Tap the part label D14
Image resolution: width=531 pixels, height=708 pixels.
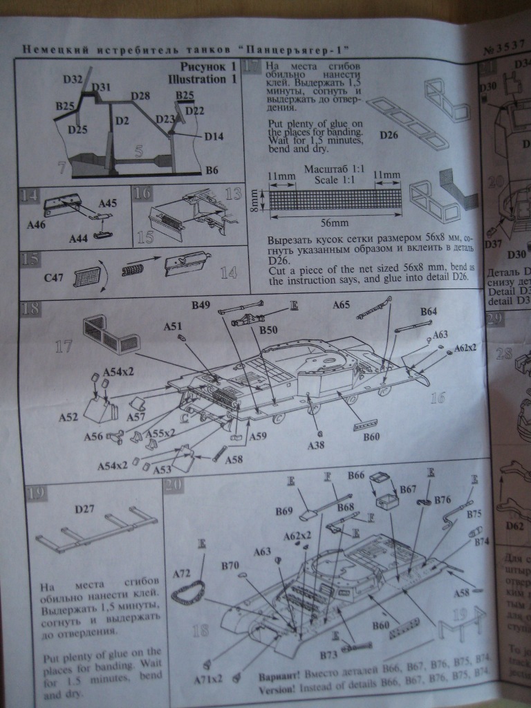(x=214, y=137)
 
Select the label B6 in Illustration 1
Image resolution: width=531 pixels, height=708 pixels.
(x=212, y=169)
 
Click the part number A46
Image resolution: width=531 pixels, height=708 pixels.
(x=35, y=225)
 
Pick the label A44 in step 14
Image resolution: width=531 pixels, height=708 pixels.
(x=79, y=239)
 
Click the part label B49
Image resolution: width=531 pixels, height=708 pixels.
(x=203, y=304)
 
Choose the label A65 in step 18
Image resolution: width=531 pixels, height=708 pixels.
(x=342, y=305)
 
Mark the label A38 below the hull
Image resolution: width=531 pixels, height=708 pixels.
(x=317, y=446)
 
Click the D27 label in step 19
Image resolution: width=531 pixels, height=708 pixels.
(x=85, y=510)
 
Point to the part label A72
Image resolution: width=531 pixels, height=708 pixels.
(x=181, y=573)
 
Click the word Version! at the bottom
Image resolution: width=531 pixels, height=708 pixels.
(x=279, y=690)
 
